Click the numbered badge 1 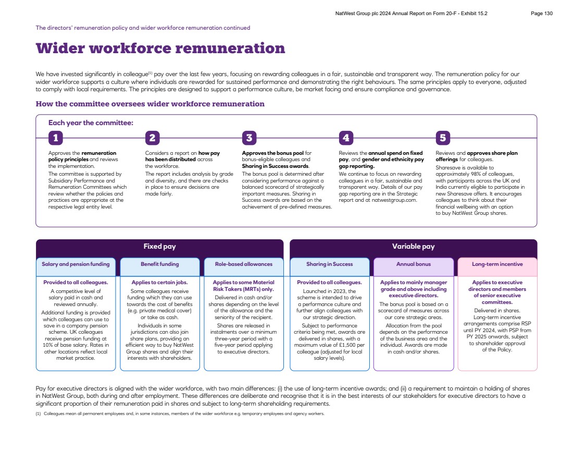point(55,138)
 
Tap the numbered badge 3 point(249,138)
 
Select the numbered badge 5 point(442,138)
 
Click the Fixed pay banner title point(159,247)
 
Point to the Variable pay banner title point(413,247)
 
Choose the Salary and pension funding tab point(76,264)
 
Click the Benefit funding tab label point(159,264)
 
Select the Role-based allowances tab point(243,264)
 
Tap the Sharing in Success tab point(329,264)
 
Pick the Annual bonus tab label point(413,264)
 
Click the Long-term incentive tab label point(497,264)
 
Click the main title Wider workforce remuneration point(160,48)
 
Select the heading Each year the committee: point(91,123)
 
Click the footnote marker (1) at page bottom point(38,413)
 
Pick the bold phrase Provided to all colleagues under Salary point(76,283)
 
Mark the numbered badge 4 point(346,138)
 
